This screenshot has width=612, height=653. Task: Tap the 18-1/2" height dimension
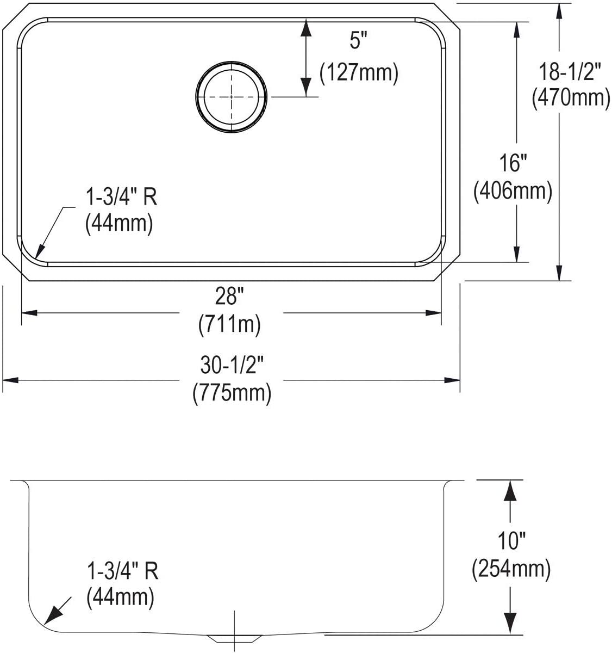click(x=570, y=71)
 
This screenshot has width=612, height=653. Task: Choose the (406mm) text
click(x=512, y=191)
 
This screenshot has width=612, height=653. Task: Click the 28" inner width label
click(x=229, y=297)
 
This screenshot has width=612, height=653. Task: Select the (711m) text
click(x=229, y=325)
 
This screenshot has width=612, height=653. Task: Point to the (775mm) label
click(x=232, y=393)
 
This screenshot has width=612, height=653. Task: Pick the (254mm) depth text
click(x=511, y=569)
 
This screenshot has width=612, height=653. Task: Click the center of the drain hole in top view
click(x=232, y=97)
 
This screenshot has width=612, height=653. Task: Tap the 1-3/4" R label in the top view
click(x=121, y=196)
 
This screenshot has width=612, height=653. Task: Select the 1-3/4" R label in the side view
click(x=122, y=571)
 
